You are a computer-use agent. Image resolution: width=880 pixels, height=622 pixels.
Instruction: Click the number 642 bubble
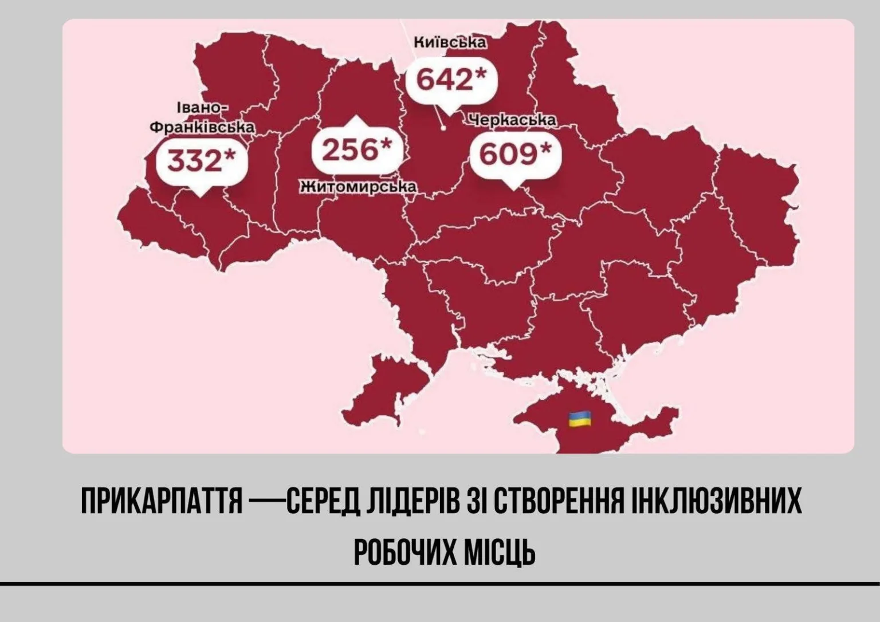[450, 80]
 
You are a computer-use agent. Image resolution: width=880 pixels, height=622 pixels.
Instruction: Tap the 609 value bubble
[514, 154]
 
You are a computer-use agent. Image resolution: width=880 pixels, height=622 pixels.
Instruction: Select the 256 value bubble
[356, 150]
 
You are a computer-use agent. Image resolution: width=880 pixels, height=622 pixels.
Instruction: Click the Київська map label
[450, 42]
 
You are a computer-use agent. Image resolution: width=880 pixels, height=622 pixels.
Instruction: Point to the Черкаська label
[512, 120]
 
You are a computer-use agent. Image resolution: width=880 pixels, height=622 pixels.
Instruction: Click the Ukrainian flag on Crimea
[579, 419]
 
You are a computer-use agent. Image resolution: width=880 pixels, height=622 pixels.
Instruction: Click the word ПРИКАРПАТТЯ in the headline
[162, 502]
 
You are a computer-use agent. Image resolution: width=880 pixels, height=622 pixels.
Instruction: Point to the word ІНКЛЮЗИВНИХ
[716, 502]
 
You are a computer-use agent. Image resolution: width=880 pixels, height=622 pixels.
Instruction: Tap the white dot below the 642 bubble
[443, 128]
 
